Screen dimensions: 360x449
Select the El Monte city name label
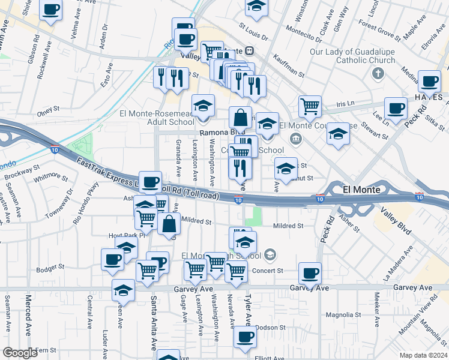coord(362,190)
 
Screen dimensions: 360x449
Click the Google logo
coord(20,353)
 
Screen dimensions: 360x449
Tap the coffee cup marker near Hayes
coord(429,82)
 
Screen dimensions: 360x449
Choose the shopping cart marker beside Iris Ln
coord(309,107)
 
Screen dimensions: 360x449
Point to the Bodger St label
coord(50,266)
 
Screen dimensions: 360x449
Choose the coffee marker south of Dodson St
coord(244,337)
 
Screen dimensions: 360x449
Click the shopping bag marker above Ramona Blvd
coord(240,118)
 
